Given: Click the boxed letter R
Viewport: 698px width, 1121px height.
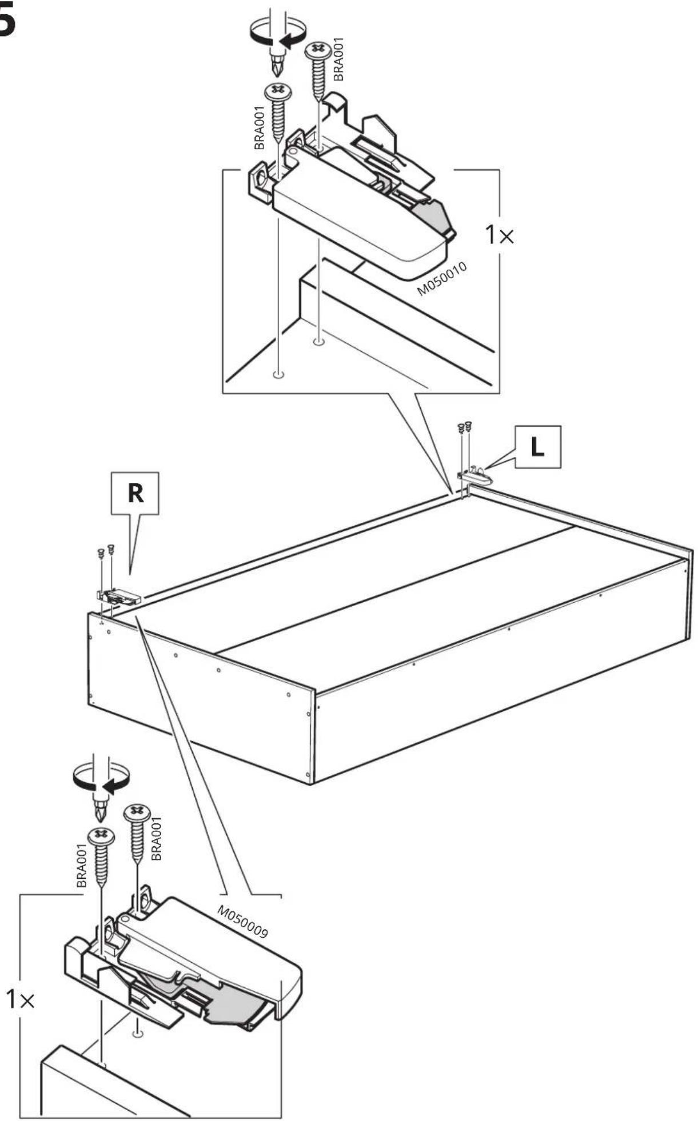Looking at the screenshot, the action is [x=136, y=493].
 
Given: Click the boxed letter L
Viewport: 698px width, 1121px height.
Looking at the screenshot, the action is [x=537, y=447].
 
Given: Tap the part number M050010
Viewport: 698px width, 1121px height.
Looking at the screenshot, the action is [x=442, y=279].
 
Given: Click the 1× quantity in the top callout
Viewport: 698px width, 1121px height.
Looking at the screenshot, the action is [x=499, y=235].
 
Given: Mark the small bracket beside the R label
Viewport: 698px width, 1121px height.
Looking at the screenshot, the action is [x=119, y=596].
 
